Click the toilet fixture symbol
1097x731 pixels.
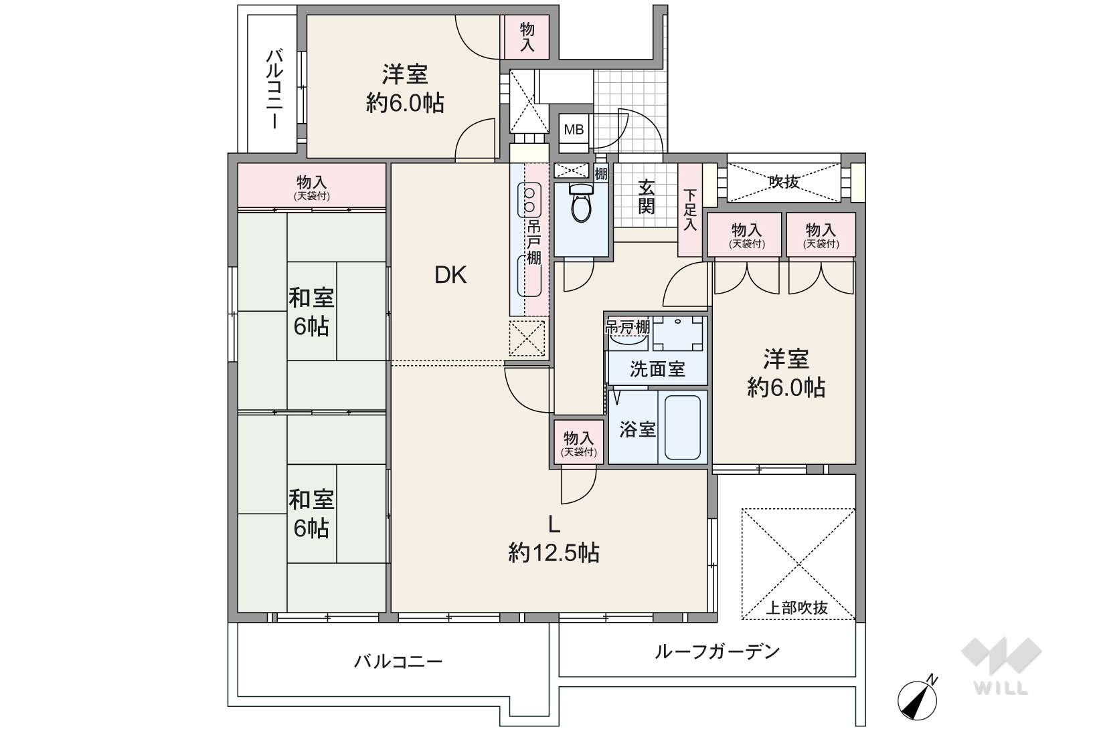(x=582, y=203)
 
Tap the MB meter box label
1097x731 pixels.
(x=574, y=130)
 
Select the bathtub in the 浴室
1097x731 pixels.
(x=682, y=427)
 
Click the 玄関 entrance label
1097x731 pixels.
(x=647, y=197)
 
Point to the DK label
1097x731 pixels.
(x=450, y=276)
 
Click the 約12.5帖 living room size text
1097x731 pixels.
(x=554, y=553)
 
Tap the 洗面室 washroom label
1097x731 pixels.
(x=657, y=369)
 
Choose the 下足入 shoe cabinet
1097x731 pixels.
(x=690, y=210)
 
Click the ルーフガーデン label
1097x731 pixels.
(x=717, y=651)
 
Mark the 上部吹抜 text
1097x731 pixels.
(x=796, y=608)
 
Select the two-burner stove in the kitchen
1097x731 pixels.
(x=529, y=200)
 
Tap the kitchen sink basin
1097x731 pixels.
(x=529, y=276)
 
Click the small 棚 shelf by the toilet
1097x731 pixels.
(x=601, y=173)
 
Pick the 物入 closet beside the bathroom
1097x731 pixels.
(x=578, y=443)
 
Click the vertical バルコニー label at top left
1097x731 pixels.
(x=274, y=88)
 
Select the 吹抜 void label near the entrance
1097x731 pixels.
(x=784, y=182)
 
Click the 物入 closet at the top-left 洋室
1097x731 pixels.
(x=527, y=37)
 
